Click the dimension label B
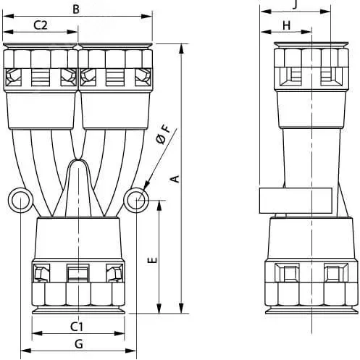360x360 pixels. [x=76, y=9]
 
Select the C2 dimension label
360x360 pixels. [x=41, y=25]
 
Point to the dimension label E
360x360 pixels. [x=152, y=260]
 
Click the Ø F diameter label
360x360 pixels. [x=164, y=135]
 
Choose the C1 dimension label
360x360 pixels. [x=77, y=327]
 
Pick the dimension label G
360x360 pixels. [x=79, y=343]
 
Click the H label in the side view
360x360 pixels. [x=286, y=25]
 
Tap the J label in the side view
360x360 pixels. [x=295, y=5]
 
